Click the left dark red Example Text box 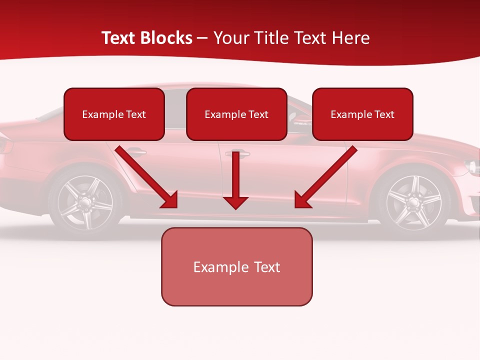point(114,114)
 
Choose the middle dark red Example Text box point(236,114)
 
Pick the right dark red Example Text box point(362,114)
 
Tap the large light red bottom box point(236,267)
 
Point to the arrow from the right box point(325,177)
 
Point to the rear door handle point(136,151)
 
